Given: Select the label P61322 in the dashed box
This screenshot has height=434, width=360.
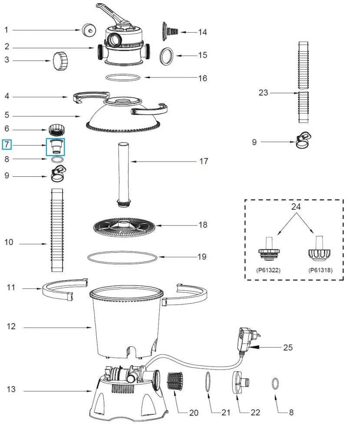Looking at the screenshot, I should [268, 270].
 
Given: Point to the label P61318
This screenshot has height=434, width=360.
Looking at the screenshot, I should [320, 270].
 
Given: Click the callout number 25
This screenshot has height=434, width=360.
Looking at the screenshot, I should [287, 348].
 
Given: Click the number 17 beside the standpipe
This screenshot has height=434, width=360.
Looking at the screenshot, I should [203, 162].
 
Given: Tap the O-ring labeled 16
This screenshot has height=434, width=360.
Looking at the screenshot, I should [123, 77].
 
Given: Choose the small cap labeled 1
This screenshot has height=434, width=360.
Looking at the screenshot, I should [89, 30].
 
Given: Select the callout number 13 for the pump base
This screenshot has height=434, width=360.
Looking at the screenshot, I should [11, 389].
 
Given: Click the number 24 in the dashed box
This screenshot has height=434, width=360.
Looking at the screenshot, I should [296, 207].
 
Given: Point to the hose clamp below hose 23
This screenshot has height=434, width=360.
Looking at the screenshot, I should [303, 139].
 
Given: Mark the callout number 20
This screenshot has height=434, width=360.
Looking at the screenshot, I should [194, 412].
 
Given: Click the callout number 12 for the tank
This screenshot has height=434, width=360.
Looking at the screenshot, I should [11, 326].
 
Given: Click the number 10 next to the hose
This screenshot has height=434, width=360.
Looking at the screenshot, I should [9, 242].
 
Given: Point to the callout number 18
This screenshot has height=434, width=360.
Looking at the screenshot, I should [202, 225].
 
